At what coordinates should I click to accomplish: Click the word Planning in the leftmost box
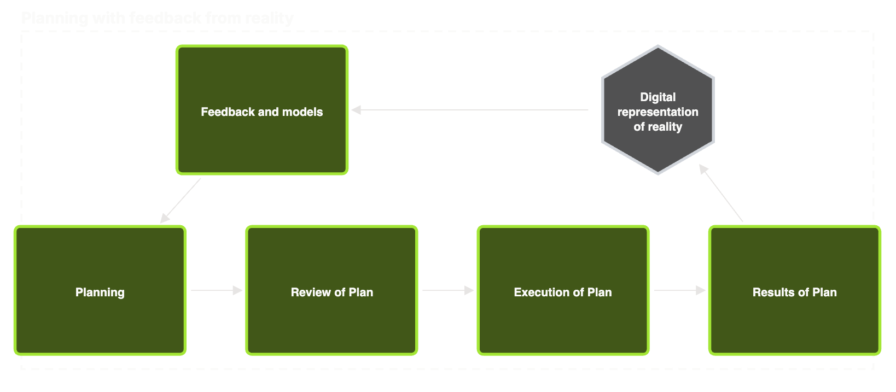click(x=100, y=292)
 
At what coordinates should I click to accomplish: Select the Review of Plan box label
click(x=331, y=292)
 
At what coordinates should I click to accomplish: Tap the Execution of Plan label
click(x=562, y=292)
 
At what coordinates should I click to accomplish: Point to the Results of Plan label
click(x=794, y=292)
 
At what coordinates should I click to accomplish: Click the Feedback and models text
click(x=261, y=112)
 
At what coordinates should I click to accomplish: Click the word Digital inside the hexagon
click(x=658, y=97)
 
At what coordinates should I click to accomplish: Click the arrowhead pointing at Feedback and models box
click(x=356, y=110)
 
